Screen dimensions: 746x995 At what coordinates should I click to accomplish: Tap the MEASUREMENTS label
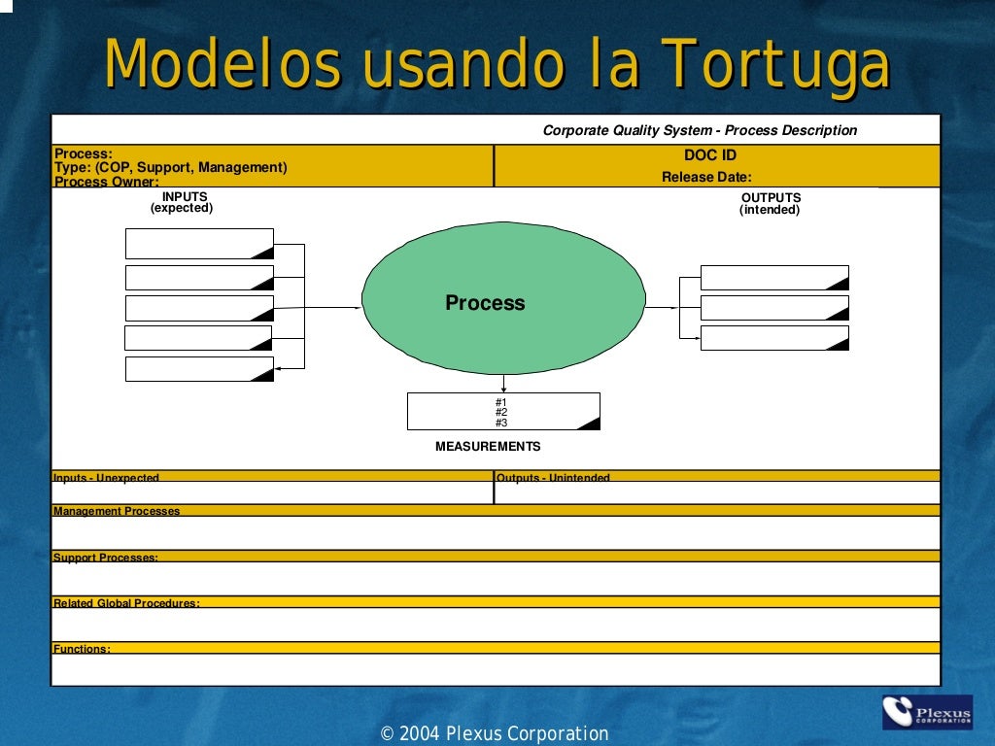(488, 447)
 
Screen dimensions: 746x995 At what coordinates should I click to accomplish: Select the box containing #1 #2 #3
(502, 412)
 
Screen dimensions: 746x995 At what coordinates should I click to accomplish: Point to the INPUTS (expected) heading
(182, 202)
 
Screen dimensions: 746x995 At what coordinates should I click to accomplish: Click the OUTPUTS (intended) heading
(771, 203)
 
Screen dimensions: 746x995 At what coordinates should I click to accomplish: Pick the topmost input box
(199, 244)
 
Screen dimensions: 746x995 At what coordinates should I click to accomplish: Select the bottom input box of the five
(199, 369)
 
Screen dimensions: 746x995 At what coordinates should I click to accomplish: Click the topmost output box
(774, 278)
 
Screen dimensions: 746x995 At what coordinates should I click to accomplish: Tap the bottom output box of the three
(774, 338)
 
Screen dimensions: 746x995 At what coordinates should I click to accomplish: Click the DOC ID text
(710, 155)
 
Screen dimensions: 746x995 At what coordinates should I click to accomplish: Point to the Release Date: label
(706, 177)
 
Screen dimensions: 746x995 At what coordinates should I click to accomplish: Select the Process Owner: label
(107, 182)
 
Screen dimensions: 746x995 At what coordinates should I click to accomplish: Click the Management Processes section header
(117, 511)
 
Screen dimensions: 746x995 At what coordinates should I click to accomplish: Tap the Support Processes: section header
(106, 558)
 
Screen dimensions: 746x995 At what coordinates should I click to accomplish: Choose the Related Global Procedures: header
(126, 603)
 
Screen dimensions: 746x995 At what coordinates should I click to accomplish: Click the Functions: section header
(82, 649)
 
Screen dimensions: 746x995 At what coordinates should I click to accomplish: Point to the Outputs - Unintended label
(553, 477)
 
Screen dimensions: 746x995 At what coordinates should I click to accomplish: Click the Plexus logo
(926, 712)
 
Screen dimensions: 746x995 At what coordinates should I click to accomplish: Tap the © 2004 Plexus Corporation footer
(495, 734)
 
